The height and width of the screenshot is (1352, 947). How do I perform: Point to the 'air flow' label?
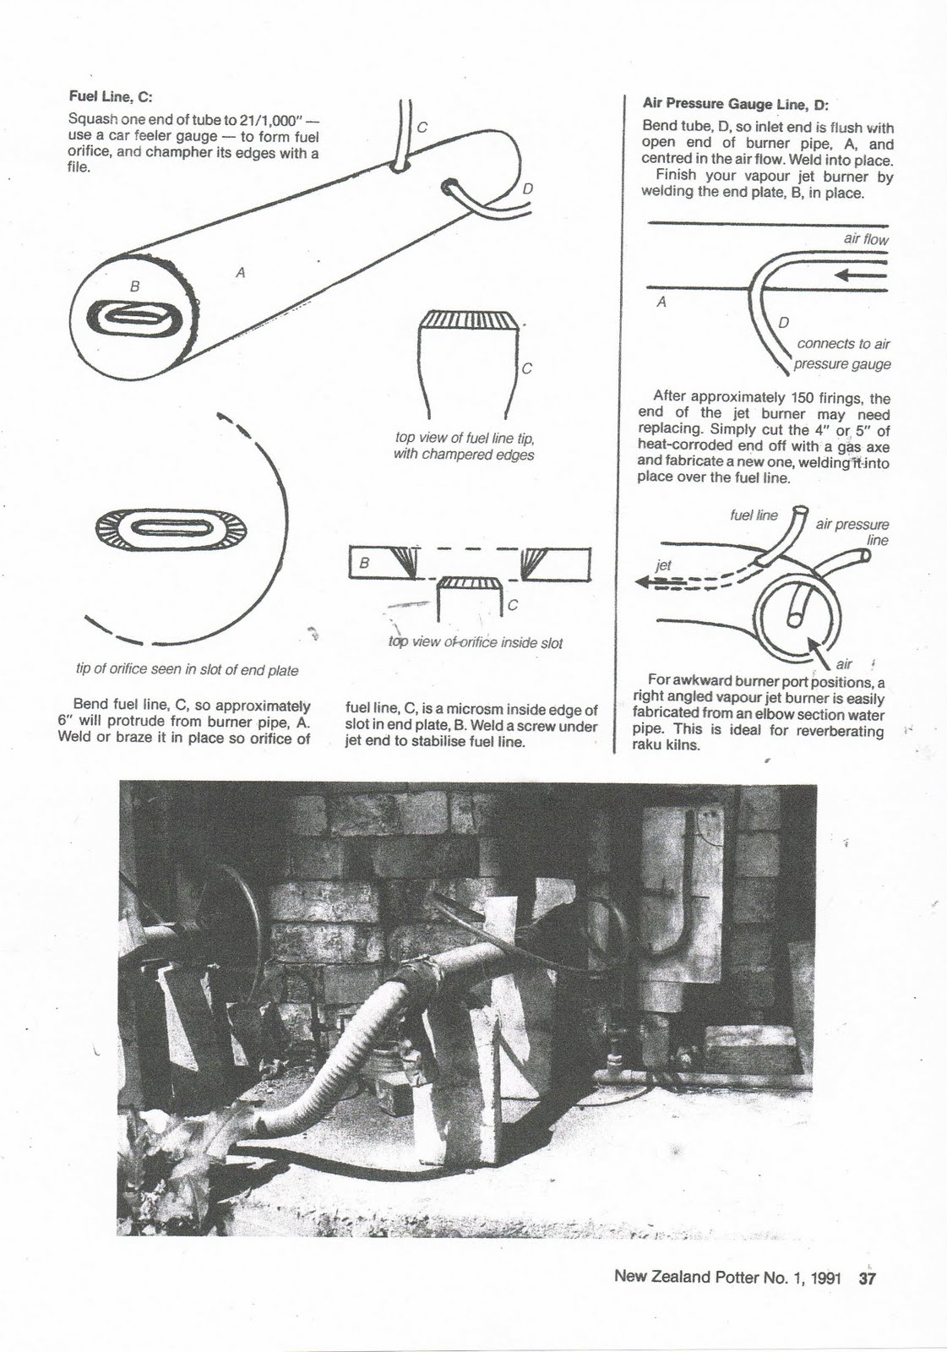coord(865,239)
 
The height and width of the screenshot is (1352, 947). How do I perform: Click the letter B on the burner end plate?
coord(133,286)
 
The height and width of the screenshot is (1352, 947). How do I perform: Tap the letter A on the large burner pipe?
coord(241,272)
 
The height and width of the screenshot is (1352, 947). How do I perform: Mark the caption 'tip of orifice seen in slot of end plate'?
coord(187,670)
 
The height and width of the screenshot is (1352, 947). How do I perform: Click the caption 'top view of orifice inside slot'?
coord(475,642)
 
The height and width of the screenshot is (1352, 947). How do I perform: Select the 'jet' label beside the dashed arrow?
coord(664,564)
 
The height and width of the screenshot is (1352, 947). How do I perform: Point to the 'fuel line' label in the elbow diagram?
coord(754,515)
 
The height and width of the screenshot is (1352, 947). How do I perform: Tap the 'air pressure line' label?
coord(853,532)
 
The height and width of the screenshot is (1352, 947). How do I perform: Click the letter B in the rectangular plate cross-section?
coord(364,561)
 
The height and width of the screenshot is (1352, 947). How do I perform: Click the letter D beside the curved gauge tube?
coord(783,321)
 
